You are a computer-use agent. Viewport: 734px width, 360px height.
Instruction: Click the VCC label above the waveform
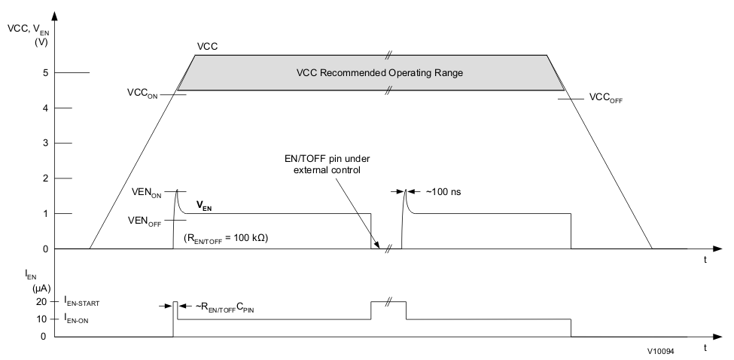pos(207,46)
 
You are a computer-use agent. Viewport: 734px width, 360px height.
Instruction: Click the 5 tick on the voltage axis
pos(45,73)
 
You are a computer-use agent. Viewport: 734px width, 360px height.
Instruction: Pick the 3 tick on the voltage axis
pos(45,143)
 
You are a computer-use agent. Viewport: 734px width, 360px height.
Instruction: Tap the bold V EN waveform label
pos(203,205)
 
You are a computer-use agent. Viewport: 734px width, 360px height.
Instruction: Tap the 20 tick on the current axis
pos(43,302)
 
